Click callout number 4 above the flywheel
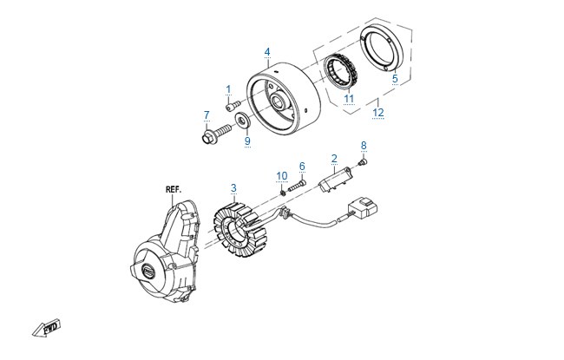[x=267, y=52]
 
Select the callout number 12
[x=378, y=113]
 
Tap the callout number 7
[x=207, y=115]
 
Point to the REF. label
[x=174, y=189]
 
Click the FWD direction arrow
[x=46, y=328]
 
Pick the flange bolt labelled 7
[x=216, y=134]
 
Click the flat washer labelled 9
[x=242, y=119]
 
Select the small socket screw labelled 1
[x=233, y=106]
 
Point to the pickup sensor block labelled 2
[x=335, y=179]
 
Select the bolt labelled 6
[x=297, y=187]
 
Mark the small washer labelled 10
[x=283, y=193]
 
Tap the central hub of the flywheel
[x=279, y=101]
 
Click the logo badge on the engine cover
[x=148, y=270]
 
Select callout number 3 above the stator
[x=233, y=188]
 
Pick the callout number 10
[x=282, y=176]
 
